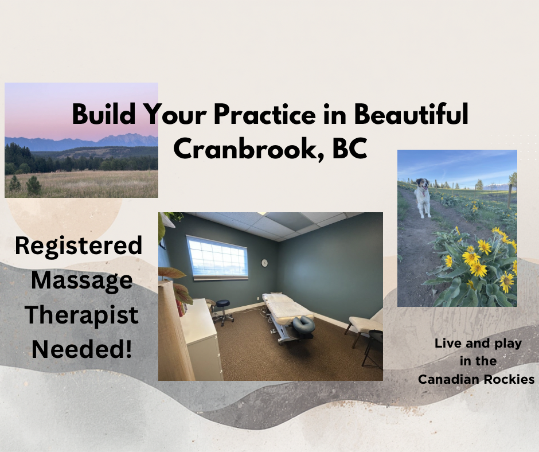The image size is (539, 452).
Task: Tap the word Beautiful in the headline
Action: [x=411, y=114]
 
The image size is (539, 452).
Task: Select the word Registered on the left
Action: [x=79, y=246]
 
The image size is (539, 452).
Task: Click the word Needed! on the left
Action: [x=82, y=349]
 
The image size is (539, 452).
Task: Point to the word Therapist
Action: [x=81, y=315]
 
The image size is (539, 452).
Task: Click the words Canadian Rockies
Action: [x=476, y=379]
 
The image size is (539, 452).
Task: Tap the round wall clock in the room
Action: [x=264, y=263]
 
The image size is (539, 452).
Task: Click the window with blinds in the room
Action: [x=217, y=257]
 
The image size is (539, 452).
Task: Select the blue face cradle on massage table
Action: [x=304, y=325]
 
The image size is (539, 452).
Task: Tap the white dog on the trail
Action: [x=422, y=198]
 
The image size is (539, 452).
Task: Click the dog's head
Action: [x=422, y=184]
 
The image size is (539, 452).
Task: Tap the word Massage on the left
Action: [x=82, y=281]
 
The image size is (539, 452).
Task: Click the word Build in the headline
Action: [x=104, y=114]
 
